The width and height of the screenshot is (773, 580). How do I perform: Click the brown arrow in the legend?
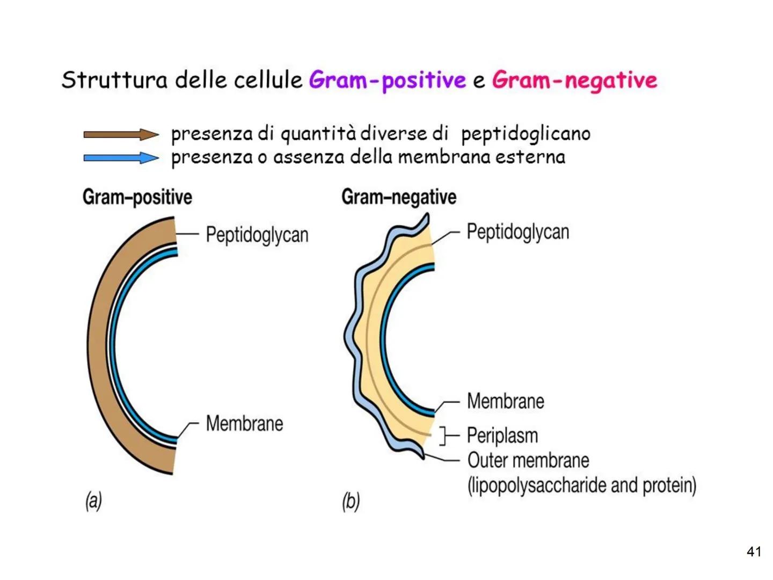(x=121, y=135)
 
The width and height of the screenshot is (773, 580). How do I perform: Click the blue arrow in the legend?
(x=121, y=158)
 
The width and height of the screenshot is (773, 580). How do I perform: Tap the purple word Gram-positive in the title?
(x=387, y=81)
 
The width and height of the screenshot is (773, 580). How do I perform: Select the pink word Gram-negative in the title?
(x=574, y=81)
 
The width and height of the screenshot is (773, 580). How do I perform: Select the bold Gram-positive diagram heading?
(x=137, y=197)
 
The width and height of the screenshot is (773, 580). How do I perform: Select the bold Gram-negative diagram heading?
(x=399, y=197)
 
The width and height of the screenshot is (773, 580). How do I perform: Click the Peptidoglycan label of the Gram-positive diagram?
(x=257, y=235)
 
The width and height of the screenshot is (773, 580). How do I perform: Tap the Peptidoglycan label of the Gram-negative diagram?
(x=517, y=232)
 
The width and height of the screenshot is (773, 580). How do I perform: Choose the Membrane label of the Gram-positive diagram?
(x=244, y=423)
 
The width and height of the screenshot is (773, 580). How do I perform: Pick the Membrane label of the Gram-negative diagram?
(x=505, y=401)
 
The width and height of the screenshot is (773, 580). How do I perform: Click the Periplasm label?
(x=502, y=436)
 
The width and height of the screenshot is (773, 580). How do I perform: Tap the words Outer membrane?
(x=528, y=460)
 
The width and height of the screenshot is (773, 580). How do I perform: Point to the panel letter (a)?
(x=93, y=501)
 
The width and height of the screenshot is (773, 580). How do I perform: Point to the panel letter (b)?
(x=351, y=502)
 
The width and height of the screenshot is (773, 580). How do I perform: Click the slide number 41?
(x=754, y=552)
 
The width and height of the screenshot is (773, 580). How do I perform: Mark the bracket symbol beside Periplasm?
(x=444, y=436)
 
